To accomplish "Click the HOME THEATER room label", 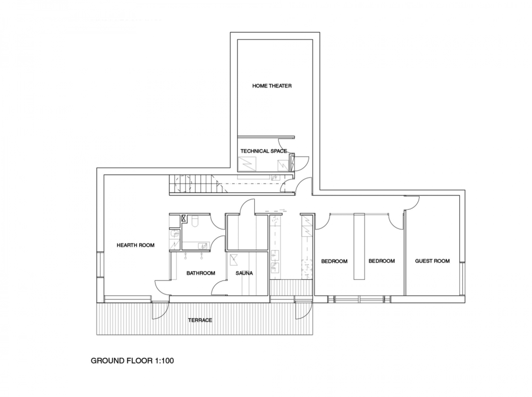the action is [272, 86].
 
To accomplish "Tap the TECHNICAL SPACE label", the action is [264, 151].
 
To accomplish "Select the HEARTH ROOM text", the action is [135, 245].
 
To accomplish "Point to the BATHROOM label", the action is [201, 273].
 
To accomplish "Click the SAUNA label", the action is [244, 273].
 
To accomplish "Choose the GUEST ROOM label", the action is [432, 261].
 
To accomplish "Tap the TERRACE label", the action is [200, 320].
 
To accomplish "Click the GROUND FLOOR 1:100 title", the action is [132, 361].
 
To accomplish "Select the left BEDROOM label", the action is [334, 262].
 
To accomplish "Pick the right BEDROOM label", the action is [382, 261].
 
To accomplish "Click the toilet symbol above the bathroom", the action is [195, 221].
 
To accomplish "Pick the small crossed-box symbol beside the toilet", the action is [184, 219].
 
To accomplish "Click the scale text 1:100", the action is [164, 361].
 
